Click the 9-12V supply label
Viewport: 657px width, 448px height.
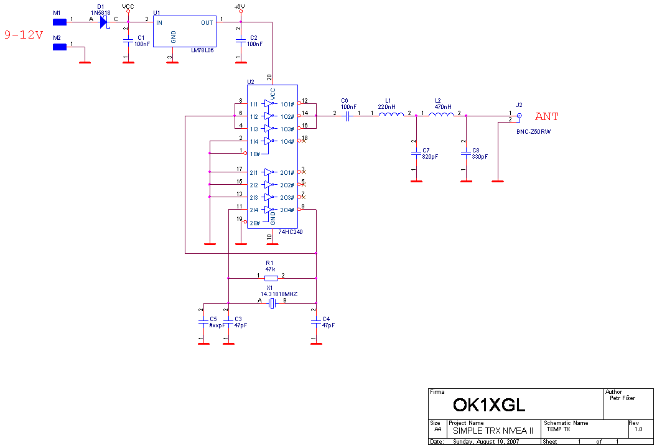(x=24, y=35)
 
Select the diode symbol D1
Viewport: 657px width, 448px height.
(x=103, y=22)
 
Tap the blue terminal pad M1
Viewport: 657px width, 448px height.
(x=60, y=22)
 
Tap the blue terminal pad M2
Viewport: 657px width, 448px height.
(x=60, y=47)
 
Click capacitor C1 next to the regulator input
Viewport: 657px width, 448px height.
(x=128, y=42)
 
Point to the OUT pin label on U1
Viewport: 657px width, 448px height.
(x=207, y=23)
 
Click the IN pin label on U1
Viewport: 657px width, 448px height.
(x=159, y=23)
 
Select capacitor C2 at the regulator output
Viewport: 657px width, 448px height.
(x=241, y=41)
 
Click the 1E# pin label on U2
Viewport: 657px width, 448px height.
(x=254, y=154)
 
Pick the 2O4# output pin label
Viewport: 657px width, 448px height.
(x=287, y=210)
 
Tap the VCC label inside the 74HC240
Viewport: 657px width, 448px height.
(x=273, y=94)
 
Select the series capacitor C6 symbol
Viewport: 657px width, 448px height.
(x=348, y=116)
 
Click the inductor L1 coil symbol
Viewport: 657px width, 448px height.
(x=391, y=114)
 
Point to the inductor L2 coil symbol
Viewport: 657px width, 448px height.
(x=441, y=114)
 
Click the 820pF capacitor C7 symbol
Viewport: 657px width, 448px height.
(x=416, y=152)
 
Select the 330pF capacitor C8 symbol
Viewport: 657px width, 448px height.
(x=466, y=152)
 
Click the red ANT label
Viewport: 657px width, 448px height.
(x=547, y=116)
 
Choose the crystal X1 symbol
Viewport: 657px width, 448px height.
(x=271, y=303)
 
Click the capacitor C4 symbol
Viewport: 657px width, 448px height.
(x=316, y=322)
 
